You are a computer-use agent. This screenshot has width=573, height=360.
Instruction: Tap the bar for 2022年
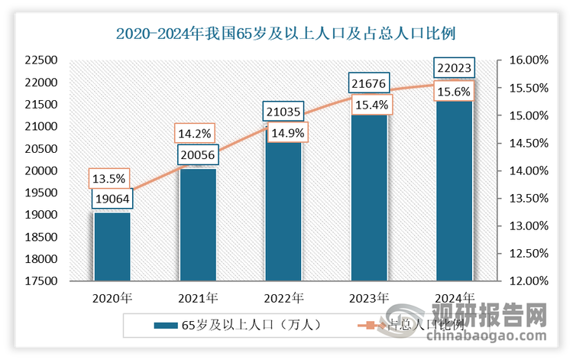(x=283, y=206)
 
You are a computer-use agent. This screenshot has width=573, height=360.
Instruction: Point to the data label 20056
(x=198, y=156)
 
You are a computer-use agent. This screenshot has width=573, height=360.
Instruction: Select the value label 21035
(x=283, y=112)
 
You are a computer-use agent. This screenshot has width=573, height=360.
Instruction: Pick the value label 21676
(x=369, y=83)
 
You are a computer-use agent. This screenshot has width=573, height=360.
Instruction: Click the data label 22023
(x=455, y=68)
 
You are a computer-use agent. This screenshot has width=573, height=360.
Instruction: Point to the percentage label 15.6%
(x=455, y=92)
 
